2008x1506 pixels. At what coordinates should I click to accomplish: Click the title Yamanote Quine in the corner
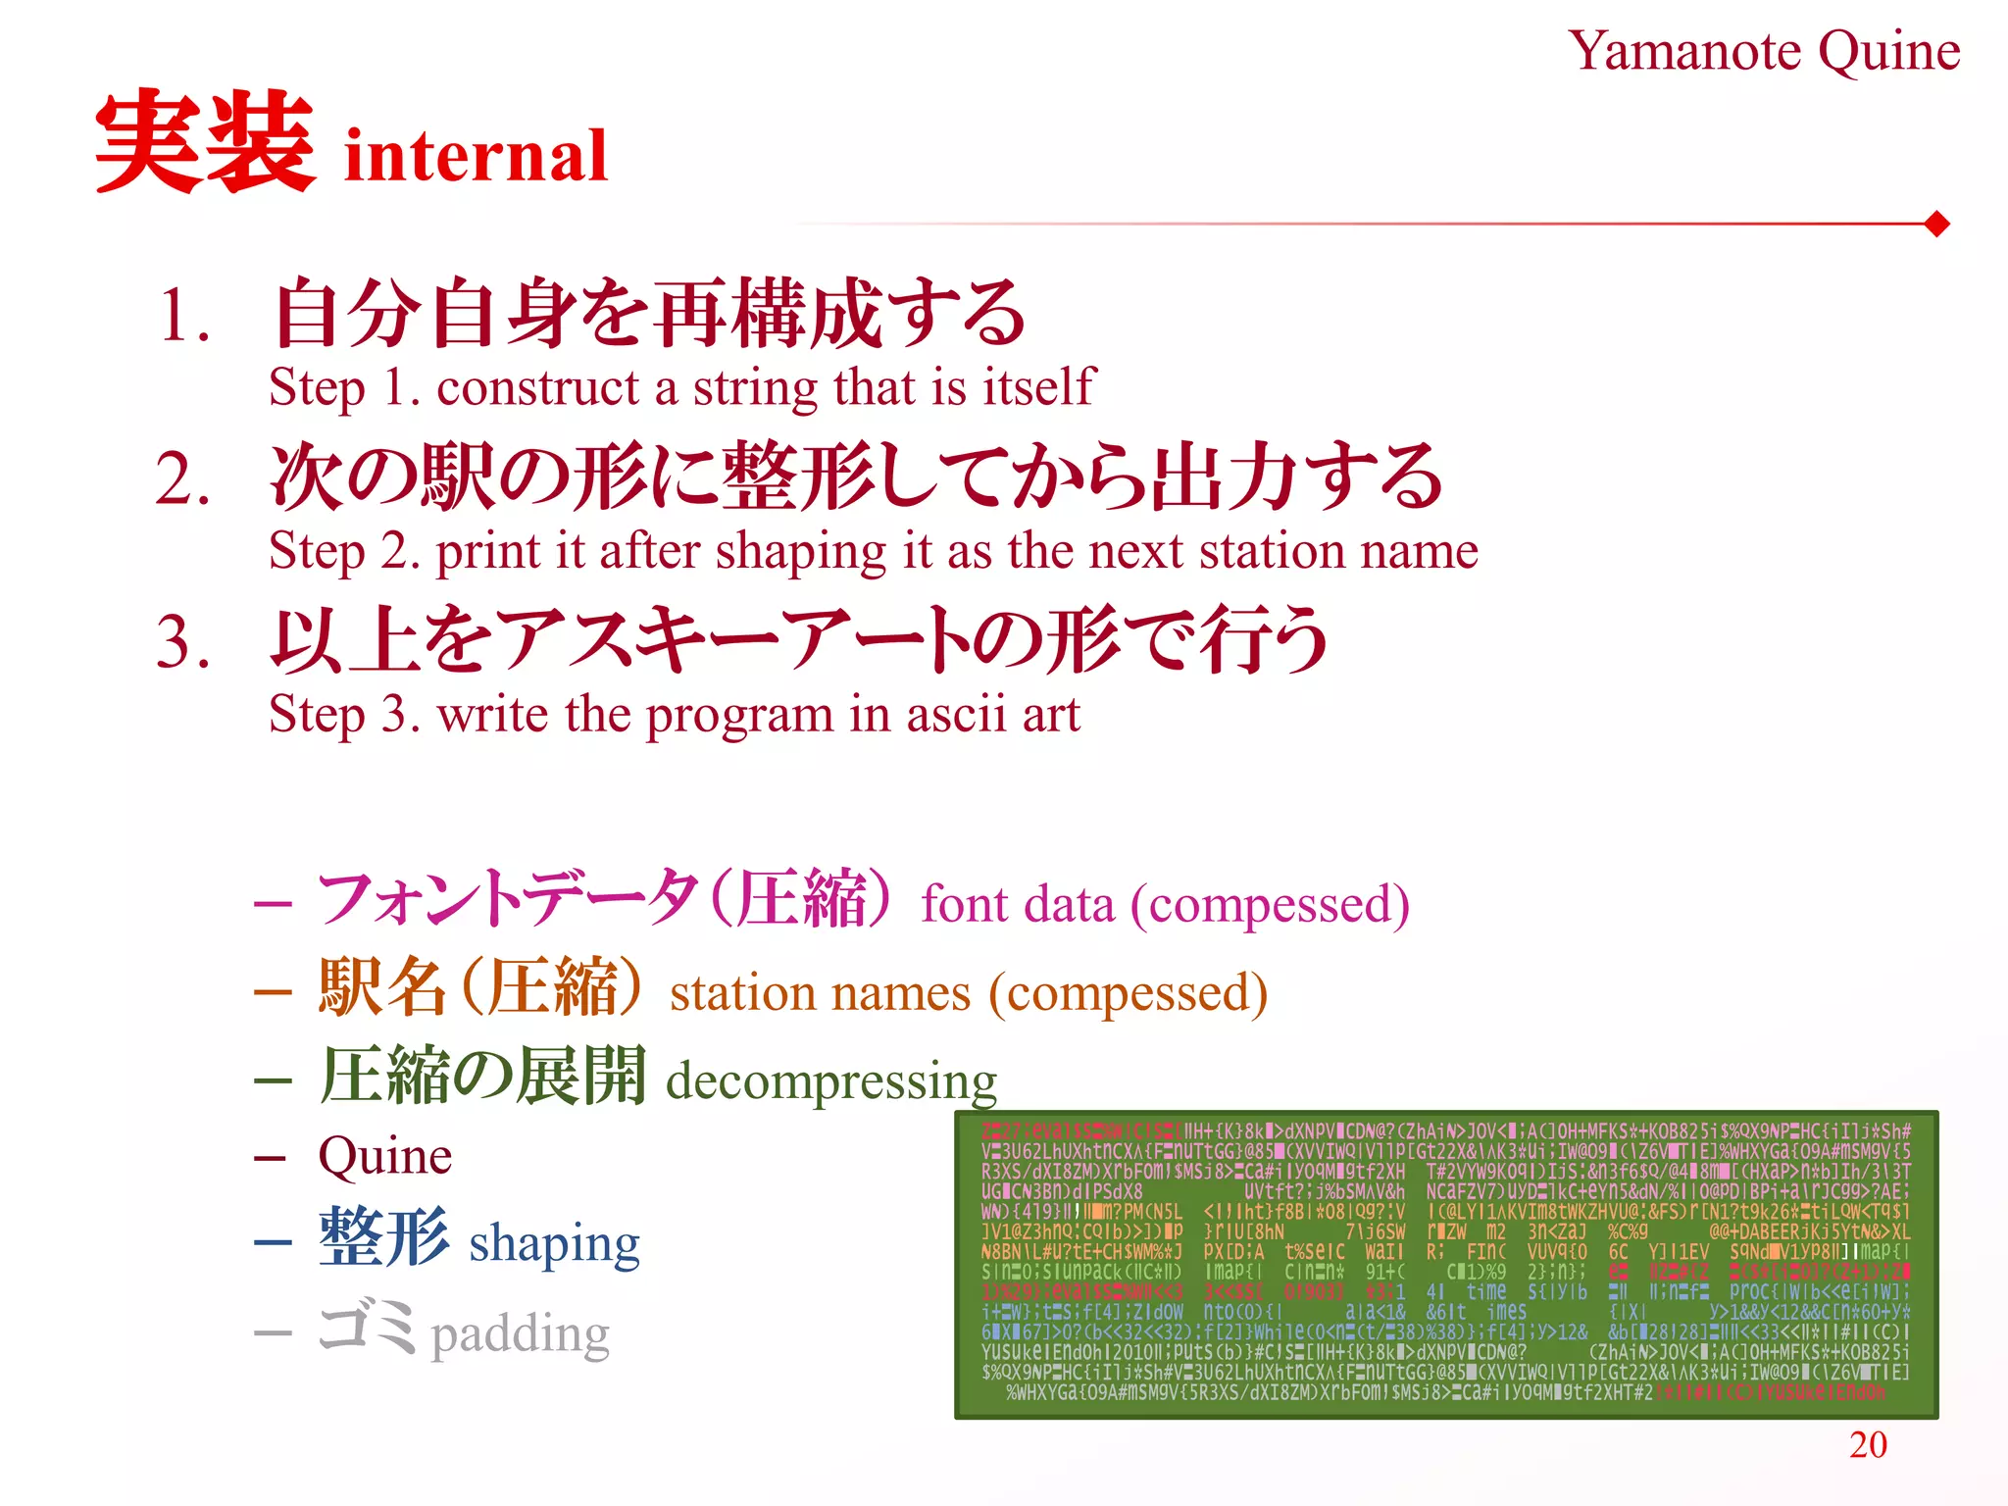(1763, 51)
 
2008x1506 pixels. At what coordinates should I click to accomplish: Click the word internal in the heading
(477, 157)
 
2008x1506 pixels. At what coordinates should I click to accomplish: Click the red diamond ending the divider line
(1936, 225)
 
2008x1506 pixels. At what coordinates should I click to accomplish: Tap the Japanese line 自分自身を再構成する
(649, 314)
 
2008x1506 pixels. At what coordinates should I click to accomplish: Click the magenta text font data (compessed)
(1165, 904)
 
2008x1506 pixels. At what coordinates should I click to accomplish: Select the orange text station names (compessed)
(969, 993)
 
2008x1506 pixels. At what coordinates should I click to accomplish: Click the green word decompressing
(831, 1081)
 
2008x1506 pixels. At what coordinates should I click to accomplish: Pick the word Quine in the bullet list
(384, 1157)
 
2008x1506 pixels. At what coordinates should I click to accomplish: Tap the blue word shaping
(554, 1244)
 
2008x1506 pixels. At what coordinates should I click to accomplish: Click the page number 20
(1868, 1444)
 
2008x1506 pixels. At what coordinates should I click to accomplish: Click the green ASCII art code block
(1446, 1265)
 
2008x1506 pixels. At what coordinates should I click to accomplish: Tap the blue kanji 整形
(384, 1238)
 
